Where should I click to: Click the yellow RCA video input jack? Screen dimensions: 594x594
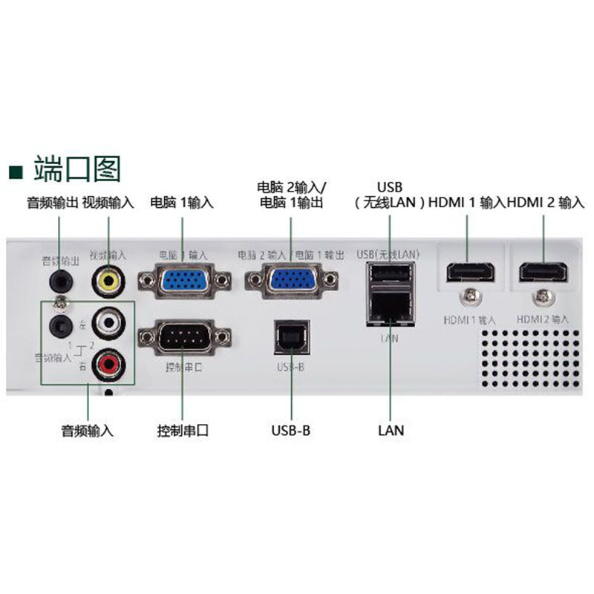[108, 281]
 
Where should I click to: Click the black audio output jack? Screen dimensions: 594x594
[59, 280]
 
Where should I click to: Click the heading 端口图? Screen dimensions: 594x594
[76, 169]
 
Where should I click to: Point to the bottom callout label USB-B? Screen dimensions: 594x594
[290, 430]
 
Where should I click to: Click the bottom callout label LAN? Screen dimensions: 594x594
[391, 430]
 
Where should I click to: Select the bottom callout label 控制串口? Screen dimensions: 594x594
[183, 430]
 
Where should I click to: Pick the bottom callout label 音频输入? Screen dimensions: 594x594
[87, 430]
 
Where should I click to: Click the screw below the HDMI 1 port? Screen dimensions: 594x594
[469, 297]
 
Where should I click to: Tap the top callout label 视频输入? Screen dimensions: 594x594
[108, 202]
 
